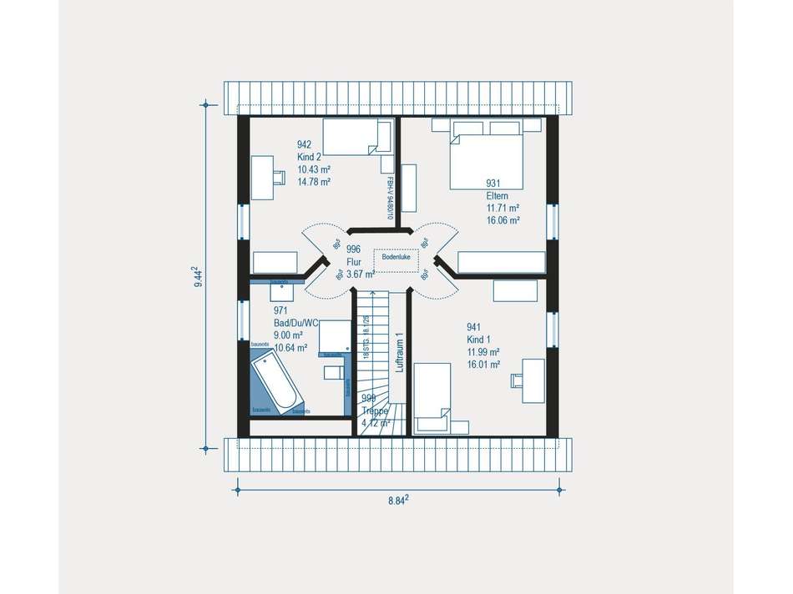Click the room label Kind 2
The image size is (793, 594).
point(310,157)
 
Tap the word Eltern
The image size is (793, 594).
point(498,196)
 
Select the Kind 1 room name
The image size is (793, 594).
point(479,340)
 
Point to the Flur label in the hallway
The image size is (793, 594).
point(354,261)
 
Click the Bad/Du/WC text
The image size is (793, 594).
point(295,323)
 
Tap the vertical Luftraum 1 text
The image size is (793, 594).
point(400,355)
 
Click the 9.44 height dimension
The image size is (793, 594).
point(196,277)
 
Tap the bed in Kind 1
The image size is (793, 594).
point(433,398)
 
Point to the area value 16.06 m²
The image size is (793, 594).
point(504,220)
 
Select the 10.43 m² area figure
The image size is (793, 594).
point(314,169)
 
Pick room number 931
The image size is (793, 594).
point(493,184)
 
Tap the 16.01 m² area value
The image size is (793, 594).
point(483,365)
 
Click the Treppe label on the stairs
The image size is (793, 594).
point(375,411)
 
